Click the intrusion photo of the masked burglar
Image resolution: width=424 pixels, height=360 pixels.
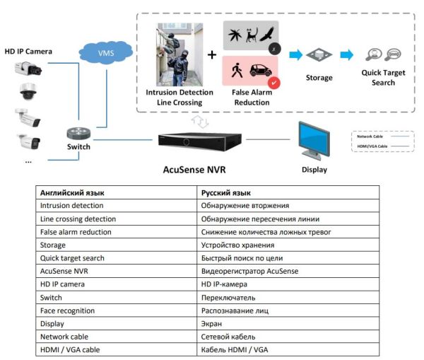tap(179, 54)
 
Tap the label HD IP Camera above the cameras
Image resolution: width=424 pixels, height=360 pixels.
tap(28, 51)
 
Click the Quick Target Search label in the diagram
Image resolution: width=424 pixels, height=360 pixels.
tap(383, 78)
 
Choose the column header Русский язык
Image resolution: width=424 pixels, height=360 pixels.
tap(225, 192)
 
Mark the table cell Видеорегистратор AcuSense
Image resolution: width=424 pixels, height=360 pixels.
tap(250, 272)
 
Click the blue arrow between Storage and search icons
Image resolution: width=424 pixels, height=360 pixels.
tap(346, 54)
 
